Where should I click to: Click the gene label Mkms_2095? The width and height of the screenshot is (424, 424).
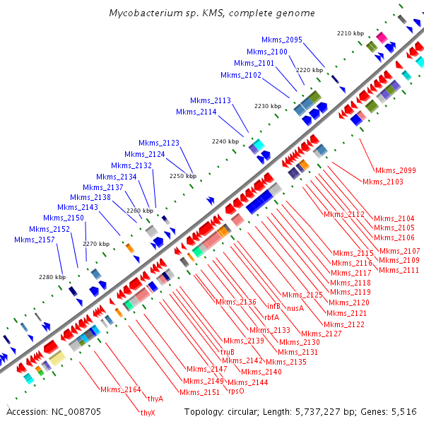point(281,40)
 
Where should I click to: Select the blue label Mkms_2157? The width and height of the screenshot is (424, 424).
point(35,240)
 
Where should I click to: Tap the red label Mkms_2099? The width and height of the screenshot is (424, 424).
point(396,170)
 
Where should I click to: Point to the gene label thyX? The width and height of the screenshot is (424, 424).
point(148,413)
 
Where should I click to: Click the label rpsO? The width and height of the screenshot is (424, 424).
point(236,391)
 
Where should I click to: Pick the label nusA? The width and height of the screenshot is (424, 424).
point(295,307)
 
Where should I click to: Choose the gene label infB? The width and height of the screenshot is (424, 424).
point(274,306)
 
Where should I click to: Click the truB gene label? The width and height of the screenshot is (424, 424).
point(228,351)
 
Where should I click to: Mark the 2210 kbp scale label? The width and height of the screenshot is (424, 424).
point(350,33)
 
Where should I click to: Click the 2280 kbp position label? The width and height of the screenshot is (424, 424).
point(52,276)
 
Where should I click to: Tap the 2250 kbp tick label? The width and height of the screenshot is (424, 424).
point(182,176)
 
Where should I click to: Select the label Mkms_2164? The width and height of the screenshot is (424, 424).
point(120,389)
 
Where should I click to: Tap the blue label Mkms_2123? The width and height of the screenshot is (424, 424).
point(159,143)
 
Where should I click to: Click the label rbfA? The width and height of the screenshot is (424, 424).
point(271,317)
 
